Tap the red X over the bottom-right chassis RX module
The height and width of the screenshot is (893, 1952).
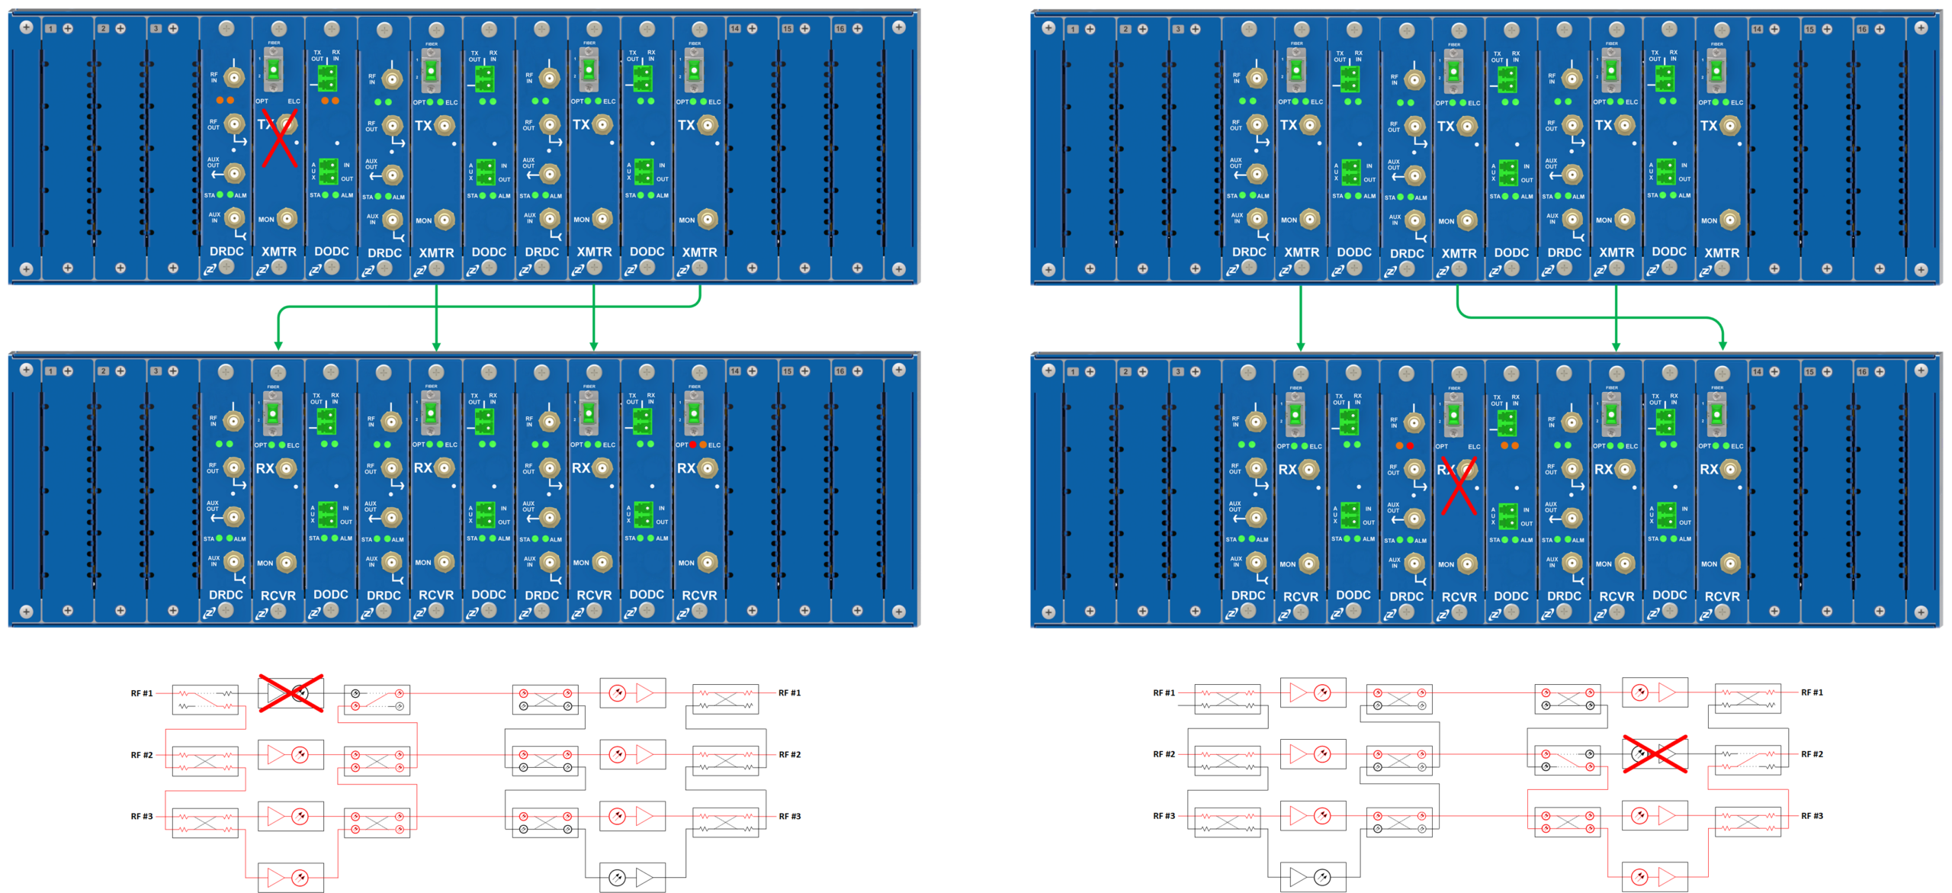1458,485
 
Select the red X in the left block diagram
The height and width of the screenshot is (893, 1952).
291,692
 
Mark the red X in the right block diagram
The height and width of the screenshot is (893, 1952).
1655,754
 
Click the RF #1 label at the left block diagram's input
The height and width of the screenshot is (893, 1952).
141,693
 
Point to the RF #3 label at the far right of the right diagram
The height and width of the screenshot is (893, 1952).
1812,816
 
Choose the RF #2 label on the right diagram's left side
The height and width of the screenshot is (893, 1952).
1164,754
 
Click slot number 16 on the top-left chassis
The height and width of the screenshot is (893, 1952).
840,29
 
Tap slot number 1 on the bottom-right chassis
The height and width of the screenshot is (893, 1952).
1073,372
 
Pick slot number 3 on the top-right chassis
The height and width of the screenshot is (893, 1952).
1178,30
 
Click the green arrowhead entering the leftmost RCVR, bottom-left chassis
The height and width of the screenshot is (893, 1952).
278,345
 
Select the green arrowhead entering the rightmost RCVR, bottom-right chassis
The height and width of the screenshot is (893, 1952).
1722,345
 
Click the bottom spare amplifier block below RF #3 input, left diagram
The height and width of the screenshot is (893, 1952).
291,877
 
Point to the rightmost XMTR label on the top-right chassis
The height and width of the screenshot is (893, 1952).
1722,253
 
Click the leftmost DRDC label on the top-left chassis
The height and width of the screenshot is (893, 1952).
226,252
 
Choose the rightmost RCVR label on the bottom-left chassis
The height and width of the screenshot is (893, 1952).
699,596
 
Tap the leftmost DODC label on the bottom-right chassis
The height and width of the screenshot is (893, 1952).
1353,596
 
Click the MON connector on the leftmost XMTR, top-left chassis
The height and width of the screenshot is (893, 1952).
287,220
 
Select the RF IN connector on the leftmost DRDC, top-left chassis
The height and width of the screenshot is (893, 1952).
235,77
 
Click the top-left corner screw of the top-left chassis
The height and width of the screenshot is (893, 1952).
27,27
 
